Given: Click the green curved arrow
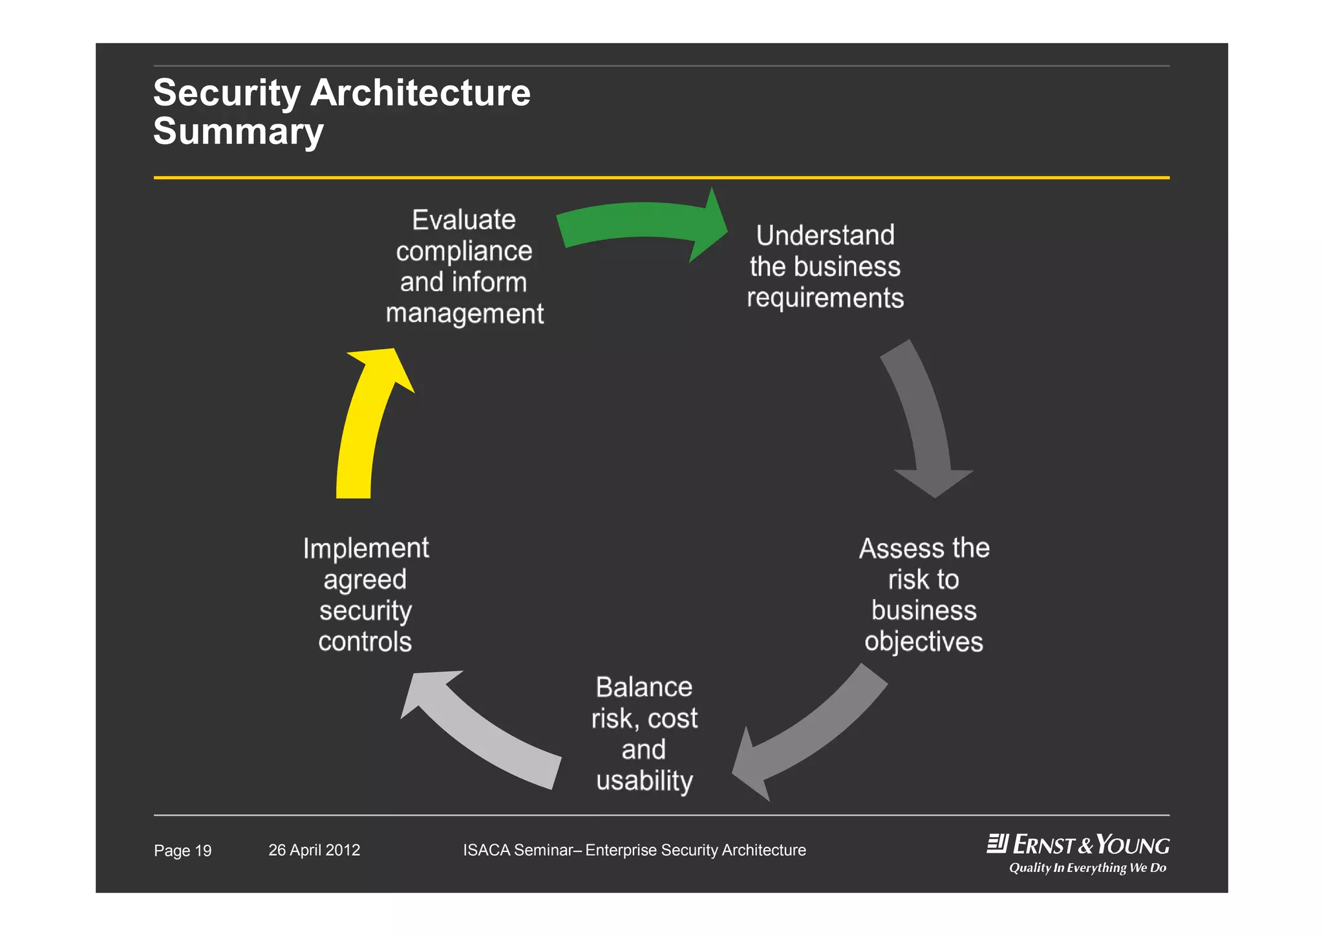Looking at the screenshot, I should [x=637, y=223].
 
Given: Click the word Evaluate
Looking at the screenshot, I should [x=464, y=220].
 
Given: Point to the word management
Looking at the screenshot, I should [x=464, y=314].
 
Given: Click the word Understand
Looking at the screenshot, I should [x=825, y=235].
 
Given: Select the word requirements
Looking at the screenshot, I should [x=825, y=298].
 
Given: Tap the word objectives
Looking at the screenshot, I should [x=923, y=642].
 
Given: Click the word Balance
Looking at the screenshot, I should [x=643, y=687].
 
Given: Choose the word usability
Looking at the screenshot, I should [x=644, y=781].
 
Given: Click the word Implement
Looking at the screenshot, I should [x=365, y=549].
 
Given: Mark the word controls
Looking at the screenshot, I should [x=365, y=642].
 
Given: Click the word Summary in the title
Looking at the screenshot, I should [x=238, y=131].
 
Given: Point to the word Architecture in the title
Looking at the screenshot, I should [x=420, y=93].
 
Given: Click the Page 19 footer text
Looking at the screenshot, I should [x=182, y=851].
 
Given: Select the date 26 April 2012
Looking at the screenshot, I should [x=314, y=850].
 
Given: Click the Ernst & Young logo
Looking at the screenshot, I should [x=1078, y=845].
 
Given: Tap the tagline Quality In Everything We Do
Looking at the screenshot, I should [x=1087, y=868].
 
